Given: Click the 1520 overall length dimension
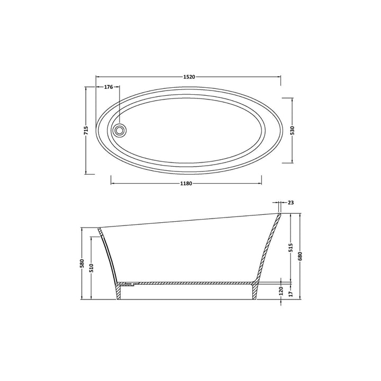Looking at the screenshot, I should [x=189, y=77].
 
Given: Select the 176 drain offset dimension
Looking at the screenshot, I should [x=108, y=87].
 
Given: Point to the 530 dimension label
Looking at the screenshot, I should [x=292, y=130].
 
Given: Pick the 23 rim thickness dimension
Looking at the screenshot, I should [x=291, y=203].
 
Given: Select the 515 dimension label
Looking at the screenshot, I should [x=291, y=247].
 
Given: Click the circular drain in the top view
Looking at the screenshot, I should [x=121, y=129].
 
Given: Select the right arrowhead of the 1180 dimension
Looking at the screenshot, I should [x=259, y=184].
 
